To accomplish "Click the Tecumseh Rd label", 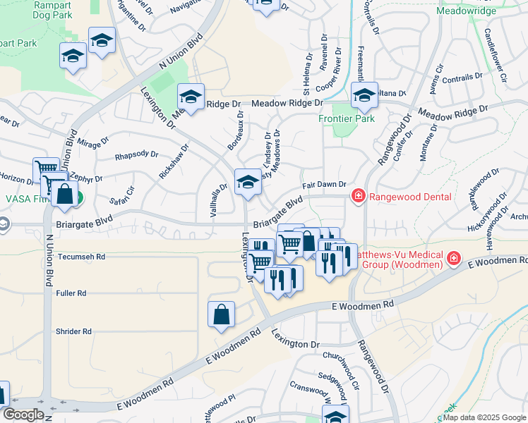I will (81, 257).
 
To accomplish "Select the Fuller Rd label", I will (72, 293).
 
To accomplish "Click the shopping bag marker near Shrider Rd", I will (221, 315).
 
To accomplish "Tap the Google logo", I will (23, 415).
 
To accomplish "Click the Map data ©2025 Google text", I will (484, 417).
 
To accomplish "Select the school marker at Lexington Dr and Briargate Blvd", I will (248, 182).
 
